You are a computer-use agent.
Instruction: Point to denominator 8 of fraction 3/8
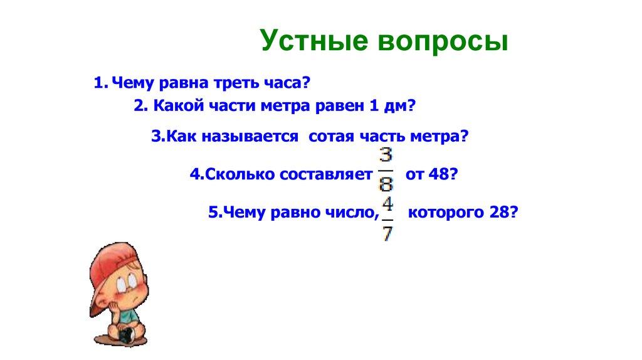[x=386, y=184]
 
